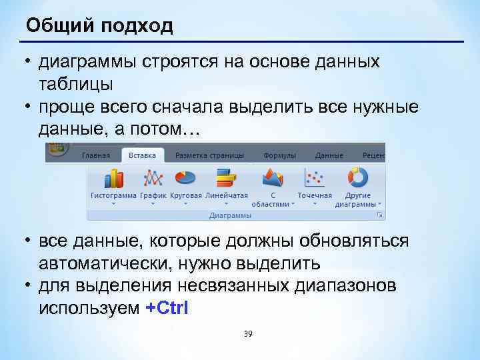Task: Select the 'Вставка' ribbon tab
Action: click(143, 155)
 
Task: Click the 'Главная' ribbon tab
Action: click(96, 155)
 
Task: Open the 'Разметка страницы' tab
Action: click(210, 155)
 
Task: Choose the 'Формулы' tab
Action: click(279, 155)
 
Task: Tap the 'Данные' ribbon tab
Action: click(329, 155)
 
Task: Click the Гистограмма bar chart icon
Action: click(113, 178)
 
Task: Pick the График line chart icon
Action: click(153, 178)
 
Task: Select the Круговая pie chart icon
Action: click(185, 178)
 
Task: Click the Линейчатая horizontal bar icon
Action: click(226, 178)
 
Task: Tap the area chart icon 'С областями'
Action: click(273, 178)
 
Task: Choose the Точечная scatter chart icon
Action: click(314, 178)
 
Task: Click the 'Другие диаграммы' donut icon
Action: click(358, 178)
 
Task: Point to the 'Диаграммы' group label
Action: click(230, 215)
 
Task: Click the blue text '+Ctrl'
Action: click(167, 308)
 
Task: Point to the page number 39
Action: click(248, 333)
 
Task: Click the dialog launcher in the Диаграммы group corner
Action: click(380, 215)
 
